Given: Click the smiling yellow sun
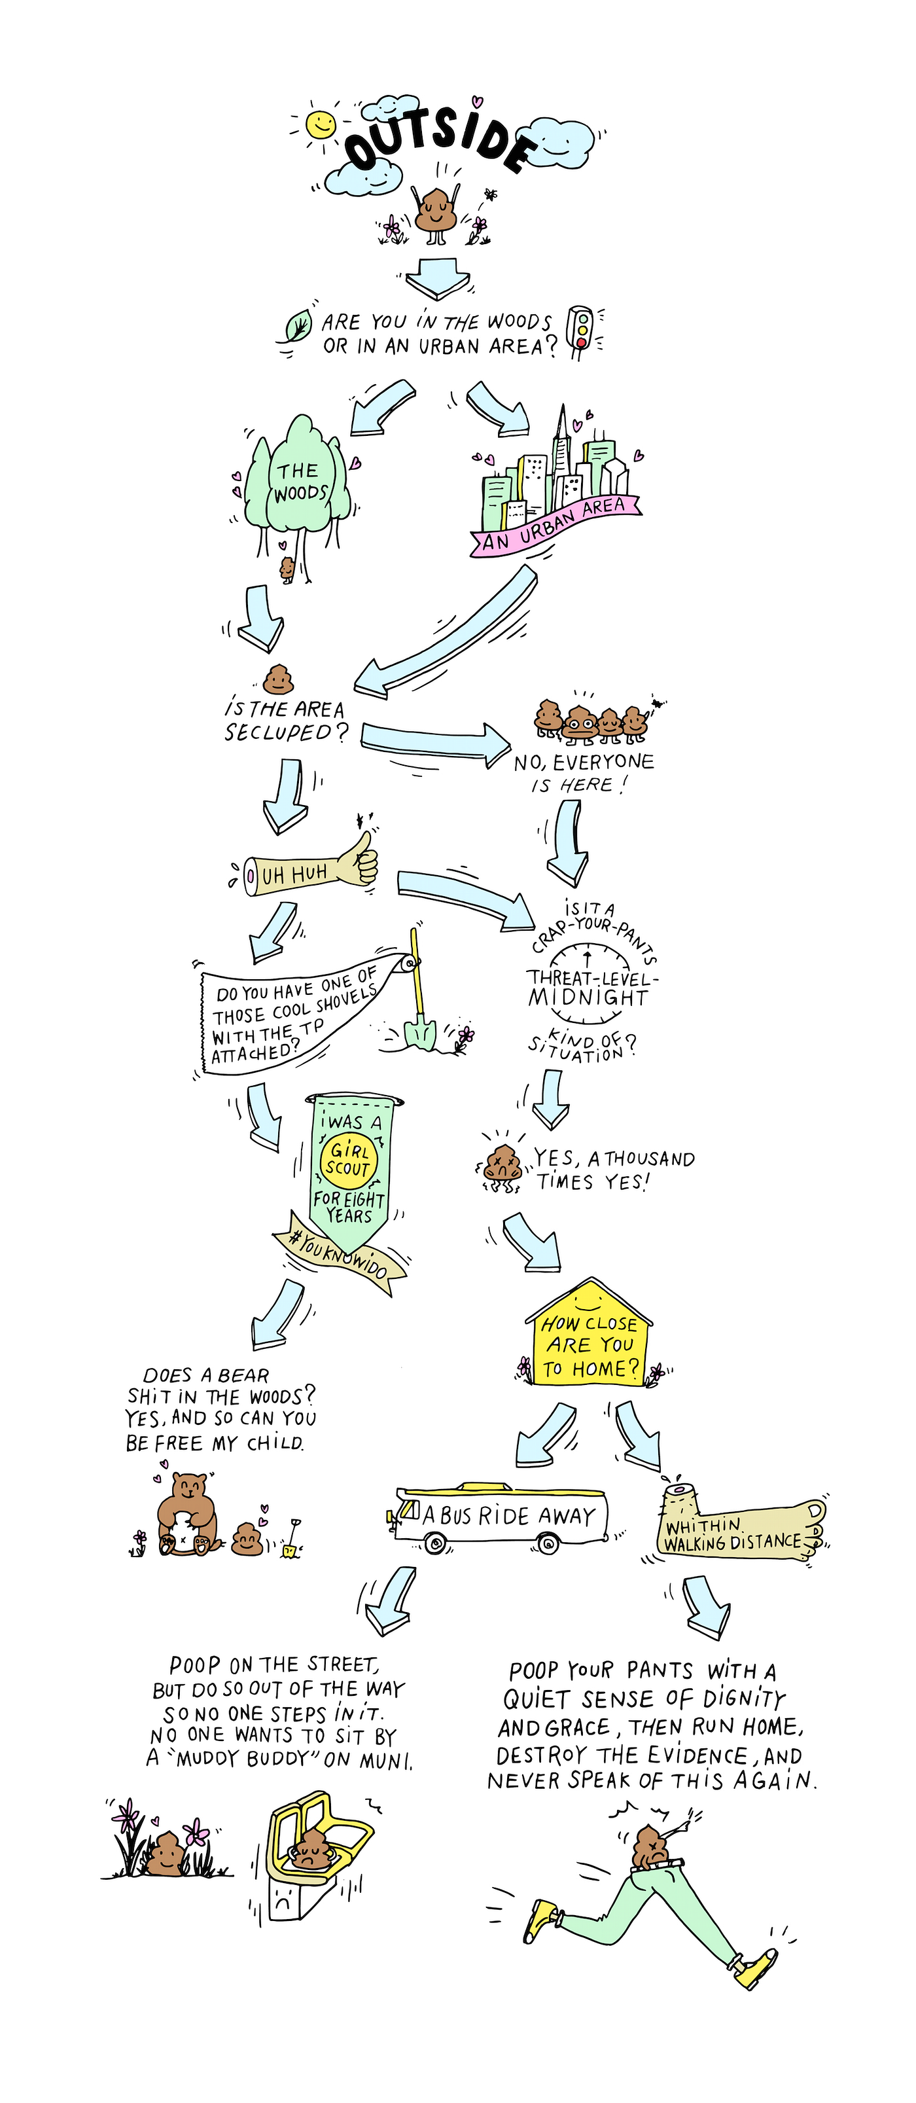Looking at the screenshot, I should point(320,124).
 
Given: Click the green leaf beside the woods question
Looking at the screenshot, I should point(298,326).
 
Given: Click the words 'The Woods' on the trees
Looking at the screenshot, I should point(300,482).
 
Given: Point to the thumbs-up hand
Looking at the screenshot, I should point(357,862).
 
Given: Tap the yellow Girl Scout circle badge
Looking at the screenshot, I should point(349,1159).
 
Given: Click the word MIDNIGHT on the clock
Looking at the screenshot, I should point(588,998).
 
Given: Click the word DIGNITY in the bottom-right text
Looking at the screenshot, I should point(743,1699).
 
